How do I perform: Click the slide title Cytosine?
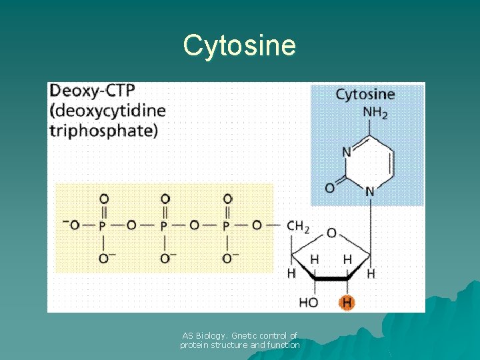pos(239,45)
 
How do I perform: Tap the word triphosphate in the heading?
pos(103,129)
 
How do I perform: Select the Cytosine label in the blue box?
pos(365,94)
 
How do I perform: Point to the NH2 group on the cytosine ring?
pos(375,113)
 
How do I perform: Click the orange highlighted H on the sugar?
pos(347,303)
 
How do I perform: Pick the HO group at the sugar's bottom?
pos(309,303)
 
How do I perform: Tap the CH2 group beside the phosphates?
pos(297,227)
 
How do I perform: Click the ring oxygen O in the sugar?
pos(331,233)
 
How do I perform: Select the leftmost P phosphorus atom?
pos(102,226)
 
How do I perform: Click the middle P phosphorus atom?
pos(164,226)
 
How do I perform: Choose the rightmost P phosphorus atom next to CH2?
pos(226,226)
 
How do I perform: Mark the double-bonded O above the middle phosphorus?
pos(165,199)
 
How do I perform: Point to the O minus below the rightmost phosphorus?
pos(229,258)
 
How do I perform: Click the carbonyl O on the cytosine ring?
pos(329,188)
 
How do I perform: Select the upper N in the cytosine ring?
pos(346,152)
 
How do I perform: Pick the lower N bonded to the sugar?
pos(369,192)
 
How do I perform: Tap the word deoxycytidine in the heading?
pos(107,111)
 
